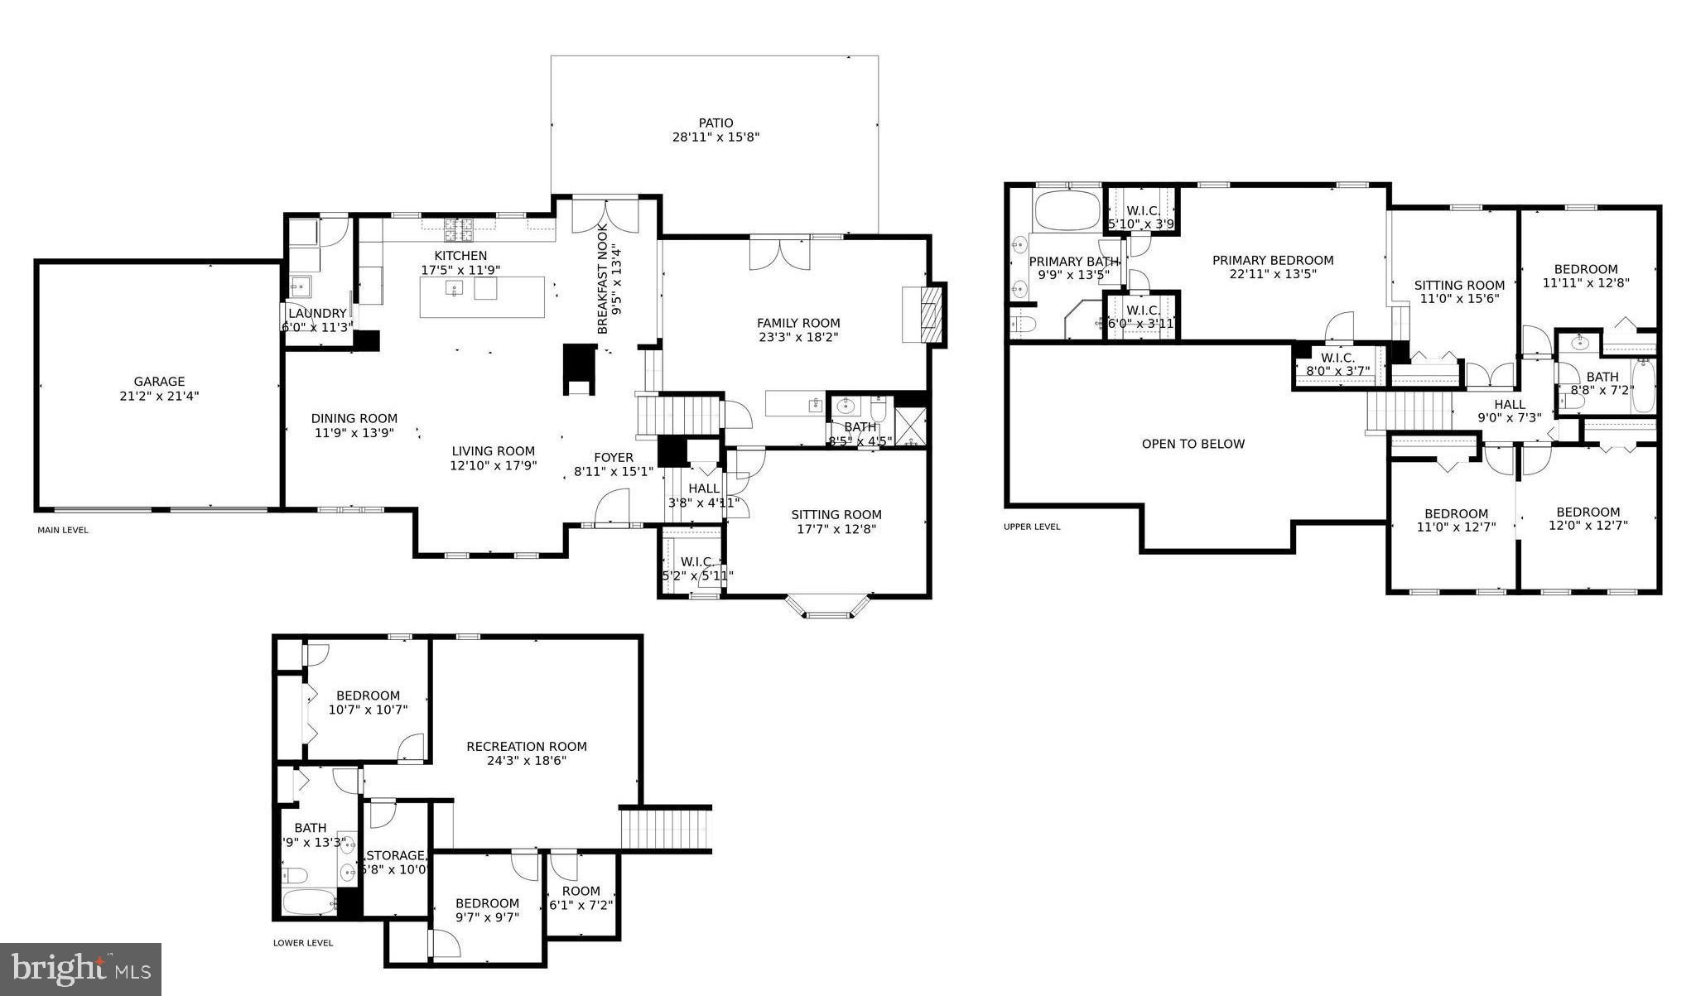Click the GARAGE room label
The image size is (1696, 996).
pos(159,382)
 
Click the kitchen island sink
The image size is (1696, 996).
pos(455,288)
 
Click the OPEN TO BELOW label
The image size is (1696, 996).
pos(1192,444)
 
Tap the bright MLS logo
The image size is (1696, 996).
pos(80,968)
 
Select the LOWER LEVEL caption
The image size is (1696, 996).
pos(303,942)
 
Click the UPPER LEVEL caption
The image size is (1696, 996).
pos(1031,527)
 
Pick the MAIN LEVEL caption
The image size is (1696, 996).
pos(63,530)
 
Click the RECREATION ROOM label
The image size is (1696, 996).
pos(527,746)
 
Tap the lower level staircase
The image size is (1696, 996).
pos(666,829)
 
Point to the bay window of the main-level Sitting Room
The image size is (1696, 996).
pos(827,611)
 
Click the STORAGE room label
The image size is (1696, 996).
pos(396,855)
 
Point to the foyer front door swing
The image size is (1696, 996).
pos(614,507)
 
